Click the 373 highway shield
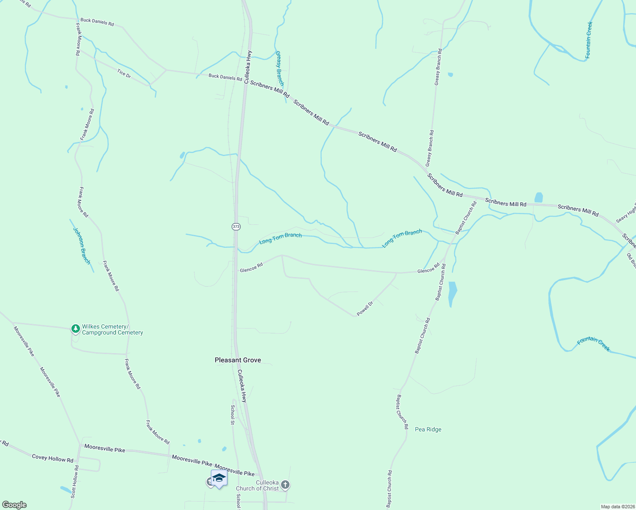tap(236, 227)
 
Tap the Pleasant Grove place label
tap(238, 360)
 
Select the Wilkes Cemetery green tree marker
tap(76, 329)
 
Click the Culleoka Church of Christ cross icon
tap(285, 484)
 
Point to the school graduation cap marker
tap(219, 478)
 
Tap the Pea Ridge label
tap(428, 429)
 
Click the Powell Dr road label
tap(365, 309)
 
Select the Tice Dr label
tap(124, 73)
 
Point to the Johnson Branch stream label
tap(82, 246)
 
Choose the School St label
tap(233, 414)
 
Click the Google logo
tap(14, 505)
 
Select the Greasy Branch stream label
tap(279, 68)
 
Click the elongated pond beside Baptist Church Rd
tap(452, 293)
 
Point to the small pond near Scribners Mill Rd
tap(539, 198)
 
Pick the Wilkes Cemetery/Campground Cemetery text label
tap(112, 330)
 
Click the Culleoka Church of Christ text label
tap(258, 485)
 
